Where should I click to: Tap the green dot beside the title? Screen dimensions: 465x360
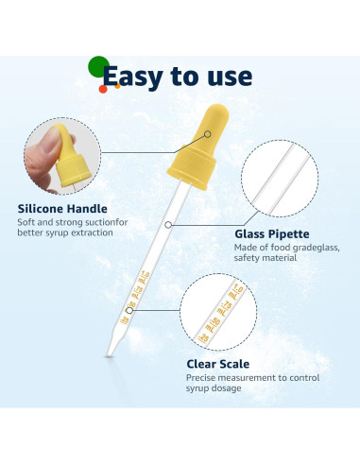[x=97, y=67]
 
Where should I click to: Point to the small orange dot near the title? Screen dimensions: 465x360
[x=102, y=89]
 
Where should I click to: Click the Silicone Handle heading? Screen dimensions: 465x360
[x=62, y=209]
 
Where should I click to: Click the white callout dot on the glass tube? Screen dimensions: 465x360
[x=167, y=225]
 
